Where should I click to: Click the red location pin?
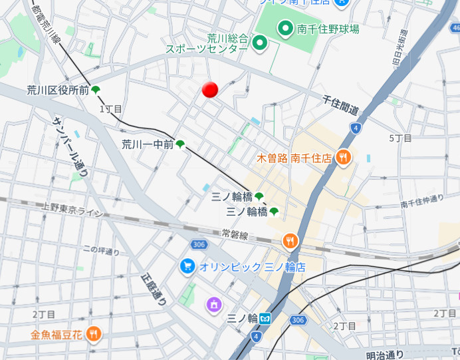(210, 90)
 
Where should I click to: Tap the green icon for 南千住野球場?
(286, 29)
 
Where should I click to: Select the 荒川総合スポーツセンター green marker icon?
(260, 45)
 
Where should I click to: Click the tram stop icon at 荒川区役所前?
(96, 90)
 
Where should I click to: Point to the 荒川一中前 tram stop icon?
(180, 144)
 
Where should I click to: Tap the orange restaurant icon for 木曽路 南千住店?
(343, 158)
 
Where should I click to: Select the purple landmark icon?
(213, 305)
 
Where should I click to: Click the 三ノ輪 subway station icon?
(265, 318)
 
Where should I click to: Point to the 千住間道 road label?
(340, 105)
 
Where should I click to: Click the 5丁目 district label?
(400, 138)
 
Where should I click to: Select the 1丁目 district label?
(111, 108)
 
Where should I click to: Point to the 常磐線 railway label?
(235, 235)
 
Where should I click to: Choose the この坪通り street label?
(101, 251)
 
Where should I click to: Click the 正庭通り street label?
(154, 289)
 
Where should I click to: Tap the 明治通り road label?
(385, 355)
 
